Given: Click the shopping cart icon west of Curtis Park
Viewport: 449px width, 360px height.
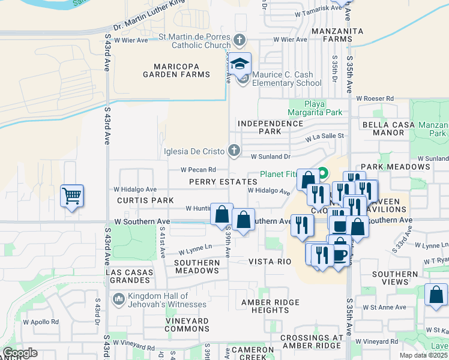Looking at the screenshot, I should [x=71, y=196].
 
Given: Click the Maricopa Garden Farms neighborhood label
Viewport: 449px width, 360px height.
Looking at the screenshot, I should [x=176, y=70].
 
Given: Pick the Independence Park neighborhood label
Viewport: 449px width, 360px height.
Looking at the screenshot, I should [x=271, y=127].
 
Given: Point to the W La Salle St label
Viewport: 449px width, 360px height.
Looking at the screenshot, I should [x=324, y=137].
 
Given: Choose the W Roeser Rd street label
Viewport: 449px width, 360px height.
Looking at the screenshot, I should [x=374, y=98].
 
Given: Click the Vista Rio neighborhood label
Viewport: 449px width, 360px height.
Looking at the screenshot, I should [x=270, y=262].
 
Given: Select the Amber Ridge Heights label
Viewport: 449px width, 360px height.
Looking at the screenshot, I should [x=265, y=306].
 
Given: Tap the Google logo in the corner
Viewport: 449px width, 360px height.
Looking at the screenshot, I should [x=20, y=353].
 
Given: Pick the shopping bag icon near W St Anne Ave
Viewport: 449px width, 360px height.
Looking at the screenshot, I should [x=435, y=295].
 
